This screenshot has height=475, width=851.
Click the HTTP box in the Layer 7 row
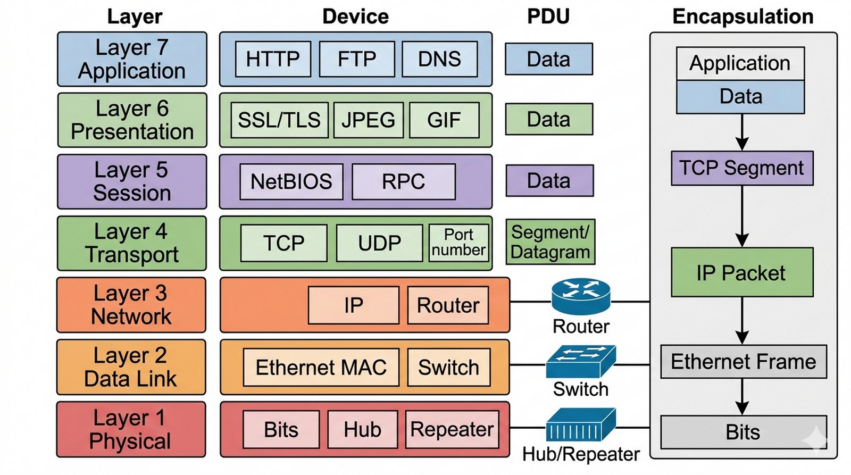click(273, 59)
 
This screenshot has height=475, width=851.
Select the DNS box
click(439, 59)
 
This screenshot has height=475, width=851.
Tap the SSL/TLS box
click(279, 120)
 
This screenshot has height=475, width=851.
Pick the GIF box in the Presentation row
click(444, 120)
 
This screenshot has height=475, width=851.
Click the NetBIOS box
click(291, 182)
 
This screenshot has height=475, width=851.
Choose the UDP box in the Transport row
click(379, 243)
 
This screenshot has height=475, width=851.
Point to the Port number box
click(458, 243)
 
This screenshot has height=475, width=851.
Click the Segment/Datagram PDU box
click(550, 242)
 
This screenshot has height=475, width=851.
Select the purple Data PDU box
click(549, 181)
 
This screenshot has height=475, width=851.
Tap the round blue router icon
click(581, 297)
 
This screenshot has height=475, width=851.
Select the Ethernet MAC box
click(321, 368)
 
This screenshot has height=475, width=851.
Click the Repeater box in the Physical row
click(452, 429)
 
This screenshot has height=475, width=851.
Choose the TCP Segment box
click(742, 169)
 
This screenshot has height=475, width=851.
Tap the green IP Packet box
click(742, 272)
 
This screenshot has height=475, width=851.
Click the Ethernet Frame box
click(743, 362)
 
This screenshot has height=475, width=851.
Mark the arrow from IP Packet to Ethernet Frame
click(742, 320)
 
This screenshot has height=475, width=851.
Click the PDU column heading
click(548, 16)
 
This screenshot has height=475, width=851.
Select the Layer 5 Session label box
click(132, 182)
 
